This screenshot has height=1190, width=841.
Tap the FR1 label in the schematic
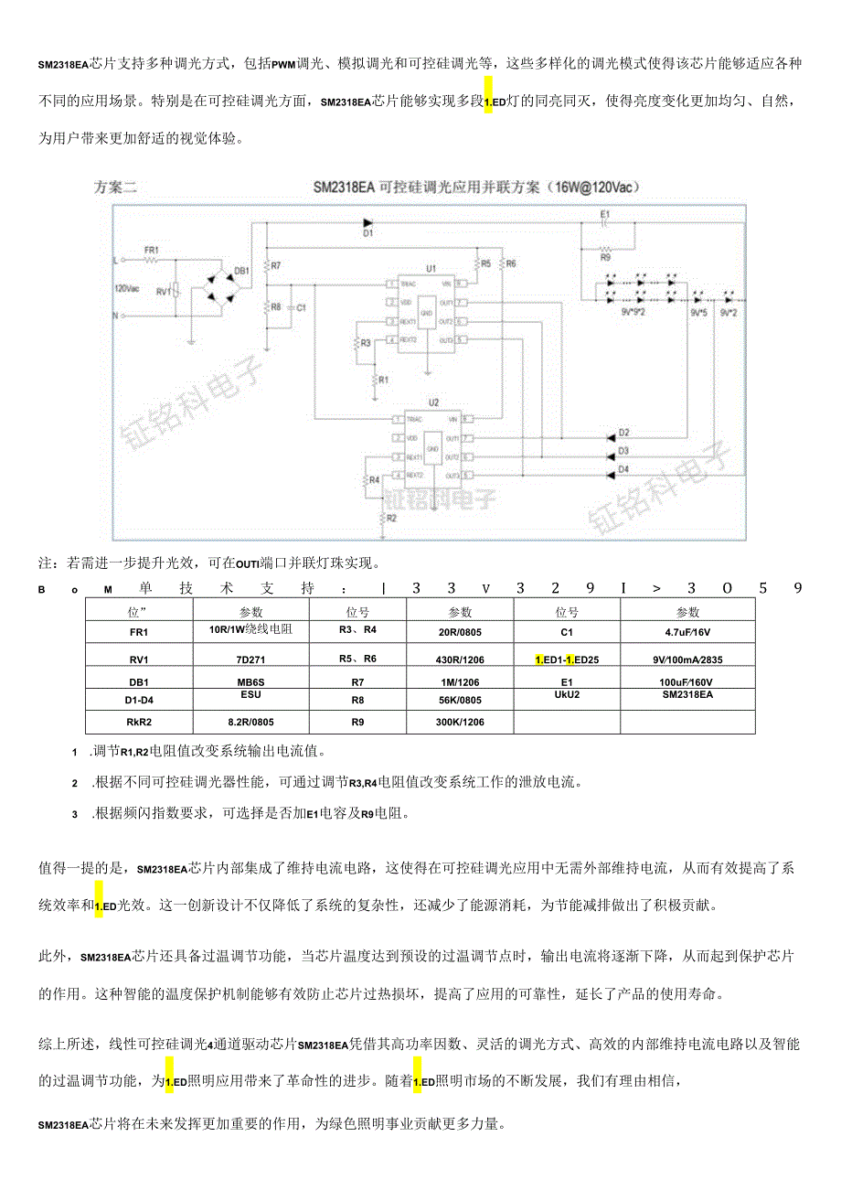tap(152, 250)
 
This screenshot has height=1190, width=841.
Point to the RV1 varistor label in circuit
tap(164, 292)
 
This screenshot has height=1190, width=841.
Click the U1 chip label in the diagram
tap(431, 269)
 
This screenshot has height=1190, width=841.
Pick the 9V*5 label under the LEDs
tap(699, 314)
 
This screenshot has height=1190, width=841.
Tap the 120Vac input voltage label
tap(128, 288)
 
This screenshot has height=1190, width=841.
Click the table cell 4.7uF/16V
tap(687, 631)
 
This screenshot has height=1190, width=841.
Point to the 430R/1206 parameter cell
tap(460, 659)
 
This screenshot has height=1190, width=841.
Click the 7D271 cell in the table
tap(251, 659)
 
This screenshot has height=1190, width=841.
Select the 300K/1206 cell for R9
tap(460, 722)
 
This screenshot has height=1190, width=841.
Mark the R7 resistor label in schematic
tap(276, 265)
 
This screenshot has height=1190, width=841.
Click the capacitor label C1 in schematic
tap(302, 308)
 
